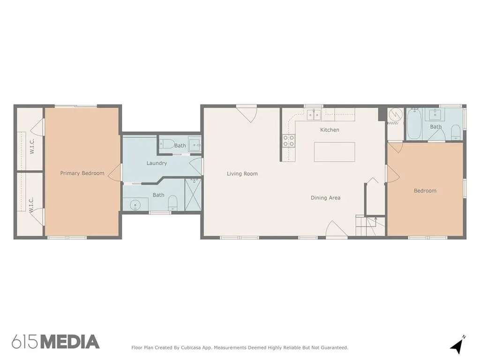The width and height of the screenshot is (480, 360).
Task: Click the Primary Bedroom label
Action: click(82, 173)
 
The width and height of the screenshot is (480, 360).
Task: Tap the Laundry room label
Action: click(157, 163)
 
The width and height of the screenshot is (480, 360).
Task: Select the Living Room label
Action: click(242, 173)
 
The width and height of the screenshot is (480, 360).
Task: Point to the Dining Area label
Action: click(325, 198)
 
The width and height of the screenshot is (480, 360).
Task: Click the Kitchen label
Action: click(330, 130)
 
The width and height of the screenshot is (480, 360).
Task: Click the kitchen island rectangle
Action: click(334, 152)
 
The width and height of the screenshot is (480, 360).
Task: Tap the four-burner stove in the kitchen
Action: click(288, 141)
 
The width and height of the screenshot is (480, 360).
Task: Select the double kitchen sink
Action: click(313, 114)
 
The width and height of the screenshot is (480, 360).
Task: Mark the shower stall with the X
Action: click(194, 195)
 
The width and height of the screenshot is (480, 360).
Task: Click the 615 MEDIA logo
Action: click(56, 342)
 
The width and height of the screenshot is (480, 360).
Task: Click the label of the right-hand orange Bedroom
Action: click(425, 191)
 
